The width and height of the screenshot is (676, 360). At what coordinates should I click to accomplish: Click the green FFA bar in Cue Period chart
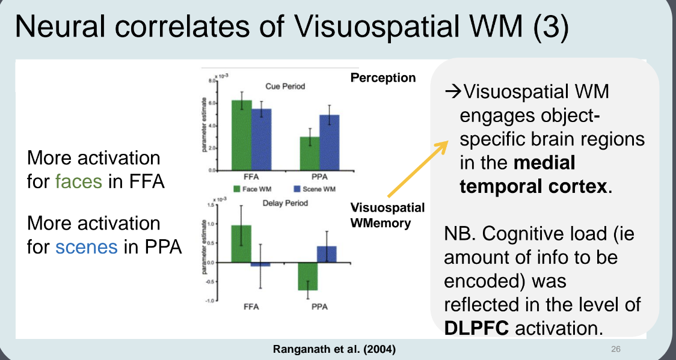point(242,135)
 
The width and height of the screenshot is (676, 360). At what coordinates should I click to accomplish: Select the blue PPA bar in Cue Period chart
point(329,143)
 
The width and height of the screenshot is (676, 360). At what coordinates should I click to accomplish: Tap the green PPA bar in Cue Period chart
point(310,154)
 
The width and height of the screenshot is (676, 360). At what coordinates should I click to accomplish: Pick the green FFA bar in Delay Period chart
point(241,244)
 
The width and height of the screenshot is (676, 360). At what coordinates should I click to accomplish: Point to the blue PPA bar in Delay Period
point(327,254)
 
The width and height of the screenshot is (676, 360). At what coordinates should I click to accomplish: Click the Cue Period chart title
point(285,86)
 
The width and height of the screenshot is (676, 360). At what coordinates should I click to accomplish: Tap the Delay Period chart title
point(285,203)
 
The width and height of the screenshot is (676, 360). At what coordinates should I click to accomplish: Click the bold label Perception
point(383,78)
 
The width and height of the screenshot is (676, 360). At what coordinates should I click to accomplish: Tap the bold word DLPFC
point(475,328)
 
